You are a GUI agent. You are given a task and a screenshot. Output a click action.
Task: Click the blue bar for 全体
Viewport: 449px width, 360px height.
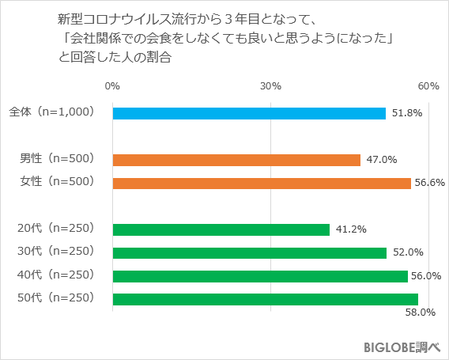(x=249, y=113)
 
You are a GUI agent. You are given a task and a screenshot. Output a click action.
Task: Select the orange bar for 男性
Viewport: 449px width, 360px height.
(x=236, y=160)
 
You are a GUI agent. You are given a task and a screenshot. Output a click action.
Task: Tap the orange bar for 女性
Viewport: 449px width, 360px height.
(x=262, y=183)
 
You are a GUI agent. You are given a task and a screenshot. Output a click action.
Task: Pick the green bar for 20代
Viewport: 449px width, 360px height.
(x=221, y=229)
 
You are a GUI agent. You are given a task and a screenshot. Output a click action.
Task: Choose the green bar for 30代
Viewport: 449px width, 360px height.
(x=250, y=252)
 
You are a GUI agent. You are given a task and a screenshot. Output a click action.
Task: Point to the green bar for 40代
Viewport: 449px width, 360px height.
(x=260, y=275)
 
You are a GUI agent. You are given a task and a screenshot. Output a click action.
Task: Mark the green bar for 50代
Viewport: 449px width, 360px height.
(x=266, y=298)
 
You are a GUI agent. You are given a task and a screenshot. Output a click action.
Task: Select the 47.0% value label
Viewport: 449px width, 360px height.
(x=382, y=160)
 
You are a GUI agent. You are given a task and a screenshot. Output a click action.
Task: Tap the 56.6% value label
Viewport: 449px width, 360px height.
(x=430, y=183)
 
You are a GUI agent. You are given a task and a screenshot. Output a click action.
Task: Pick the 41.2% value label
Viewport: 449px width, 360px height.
(x=351, y=229)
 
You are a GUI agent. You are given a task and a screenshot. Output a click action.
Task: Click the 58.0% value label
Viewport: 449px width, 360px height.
(x=421, y=313)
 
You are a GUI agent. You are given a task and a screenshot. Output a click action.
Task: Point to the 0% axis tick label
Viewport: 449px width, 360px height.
(x=112, y=85)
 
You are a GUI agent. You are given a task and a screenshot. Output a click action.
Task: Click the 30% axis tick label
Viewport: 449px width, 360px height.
(x=271, y=85)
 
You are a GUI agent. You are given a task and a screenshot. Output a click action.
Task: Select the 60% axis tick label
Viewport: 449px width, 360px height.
(x=428, y=85)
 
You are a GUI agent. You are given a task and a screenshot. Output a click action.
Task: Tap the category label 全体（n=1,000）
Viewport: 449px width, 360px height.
(x=52, y=113)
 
